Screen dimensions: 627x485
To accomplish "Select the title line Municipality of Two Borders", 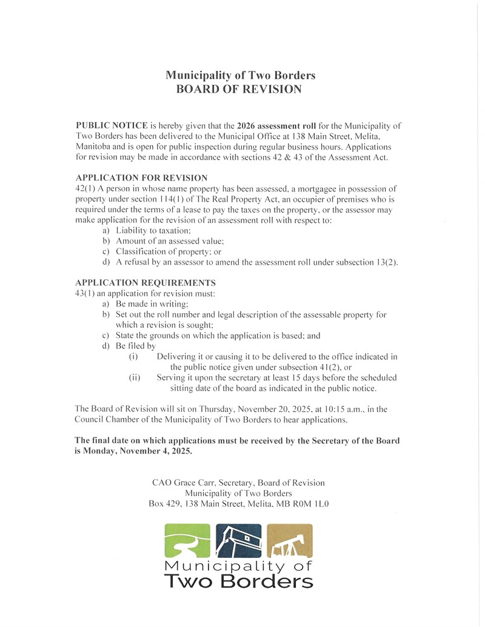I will (241, 76).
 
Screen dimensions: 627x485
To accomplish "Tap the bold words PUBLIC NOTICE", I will (112, 125).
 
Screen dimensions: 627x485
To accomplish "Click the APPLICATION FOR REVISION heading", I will (141, 177).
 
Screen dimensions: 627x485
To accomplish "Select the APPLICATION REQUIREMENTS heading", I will (145, 283).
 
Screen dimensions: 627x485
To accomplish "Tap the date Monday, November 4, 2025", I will (138, 451).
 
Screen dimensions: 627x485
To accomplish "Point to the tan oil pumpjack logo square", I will (290, 541).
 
